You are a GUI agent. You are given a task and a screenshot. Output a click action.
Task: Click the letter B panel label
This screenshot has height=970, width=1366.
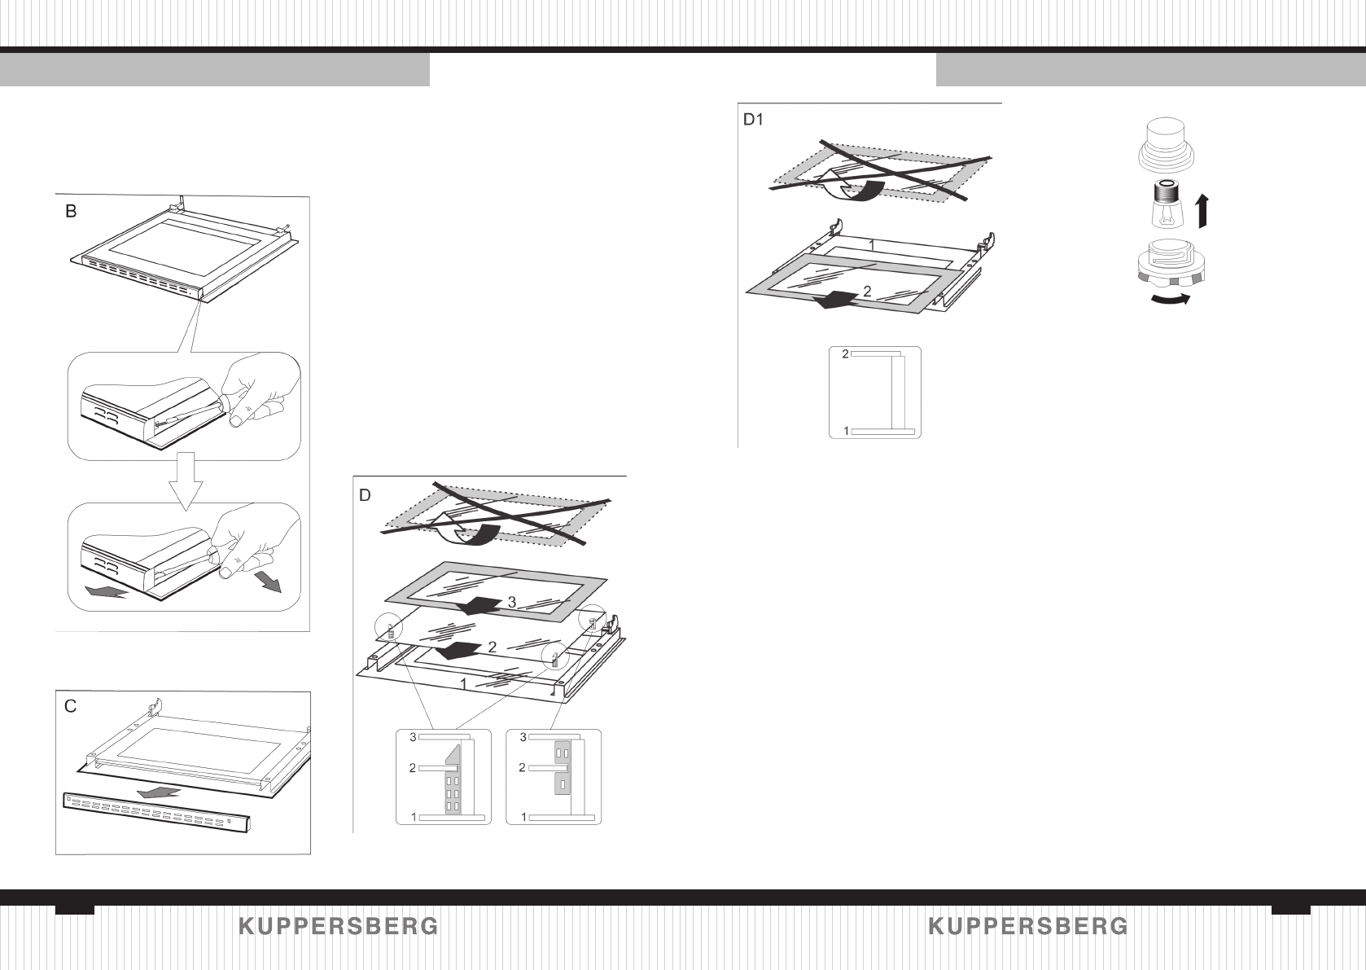click(x=72, y=211)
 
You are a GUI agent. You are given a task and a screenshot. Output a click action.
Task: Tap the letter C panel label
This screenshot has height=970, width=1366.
click(x=71, y=706)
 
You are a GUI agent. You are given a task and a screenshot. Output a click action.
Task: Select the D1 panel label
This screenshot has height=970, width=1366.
click(x=753, y=120)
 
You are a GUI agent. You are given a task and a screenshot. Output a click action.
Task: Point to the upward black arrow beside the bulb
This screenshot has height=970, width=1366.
click(x=1202, y=210)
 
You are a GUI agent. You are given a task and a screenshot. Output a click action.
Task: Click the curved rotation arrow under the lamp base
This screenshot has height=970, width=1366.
click(x=1170, y=300)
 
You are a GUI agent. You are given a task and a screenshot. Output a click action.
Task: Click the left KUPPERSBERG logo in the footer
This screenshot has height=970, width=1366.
click(x=339, y=927)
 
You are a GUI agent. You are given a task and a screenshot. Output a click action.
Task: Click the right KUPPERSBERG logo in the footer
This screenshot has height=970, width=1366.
click(x=1027, y=927)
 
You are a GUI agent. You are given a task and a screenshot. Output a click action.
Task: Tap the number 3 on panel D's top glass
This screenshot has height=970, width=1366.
click(x=511, y=602)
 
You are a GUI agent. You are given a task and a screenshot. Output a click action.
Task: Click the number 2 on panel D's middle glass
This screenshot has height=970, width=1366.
click(x=492, y=647)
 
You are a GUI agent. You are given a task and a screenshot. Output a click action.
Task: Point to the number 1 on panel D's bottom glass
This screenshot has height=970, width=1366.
click(x=464, y=684)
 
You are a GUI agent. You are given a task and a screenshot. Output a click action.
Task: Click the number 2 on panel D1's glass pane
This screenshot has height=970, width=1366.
click(x=867, y=291)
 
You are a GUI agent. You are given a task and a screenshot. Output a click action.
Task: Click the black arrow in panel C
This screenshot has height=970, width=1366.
click(x=160, y=792)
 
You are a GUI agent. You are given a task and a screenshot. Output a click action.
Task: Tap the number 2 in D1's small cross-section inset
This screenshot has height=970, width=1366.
click(x=845, y=353)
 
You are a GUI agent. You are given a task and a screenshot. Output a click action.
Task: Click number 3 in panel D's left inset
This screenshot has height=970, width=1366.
click(x=413, y=737)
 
